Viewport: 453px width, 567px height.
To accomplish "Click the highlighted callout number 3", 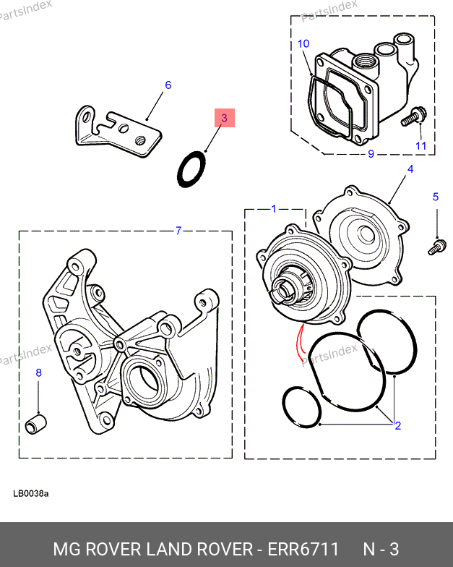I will [224, 117].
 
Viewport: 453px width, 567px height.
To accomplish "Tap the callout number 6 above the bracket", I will [168, 85].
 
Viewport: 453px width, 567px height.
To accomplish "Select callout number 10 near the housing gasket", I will [303, 44].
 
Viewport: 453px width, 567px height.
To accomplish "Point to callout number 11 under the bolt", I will [420, 146].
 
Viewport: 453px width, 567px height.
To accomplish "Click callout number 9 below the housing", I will [371, 154].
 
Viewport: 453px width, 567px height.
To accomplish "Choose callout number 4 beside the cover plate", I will [410, 169].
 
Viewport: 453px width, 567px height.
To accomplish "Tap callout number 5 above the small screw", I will [436, 197].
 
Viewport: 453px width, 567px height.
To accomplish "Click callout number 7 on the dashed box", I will [178, 231].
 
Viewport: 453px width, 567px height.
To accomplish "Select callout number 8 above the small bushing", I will [39, 373].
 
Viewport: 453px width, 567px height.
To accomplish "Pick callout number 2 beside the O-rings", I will [397, 425].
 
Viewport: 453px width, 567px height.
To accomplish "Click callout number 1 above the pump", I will [274, 209].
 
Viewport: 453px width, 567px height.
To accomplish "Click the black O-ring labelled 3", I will [191, 169].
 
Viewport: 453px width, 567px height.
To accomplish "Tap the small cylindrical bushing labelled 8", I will [36, 423].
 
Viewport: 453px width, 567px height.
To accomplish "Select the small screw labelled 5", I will [436, 247].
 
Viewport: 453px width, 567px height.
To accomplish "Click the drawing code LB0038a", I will [30, 494].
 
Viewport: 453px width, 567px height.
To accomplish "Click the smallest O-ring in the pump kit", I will [301, 407].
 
